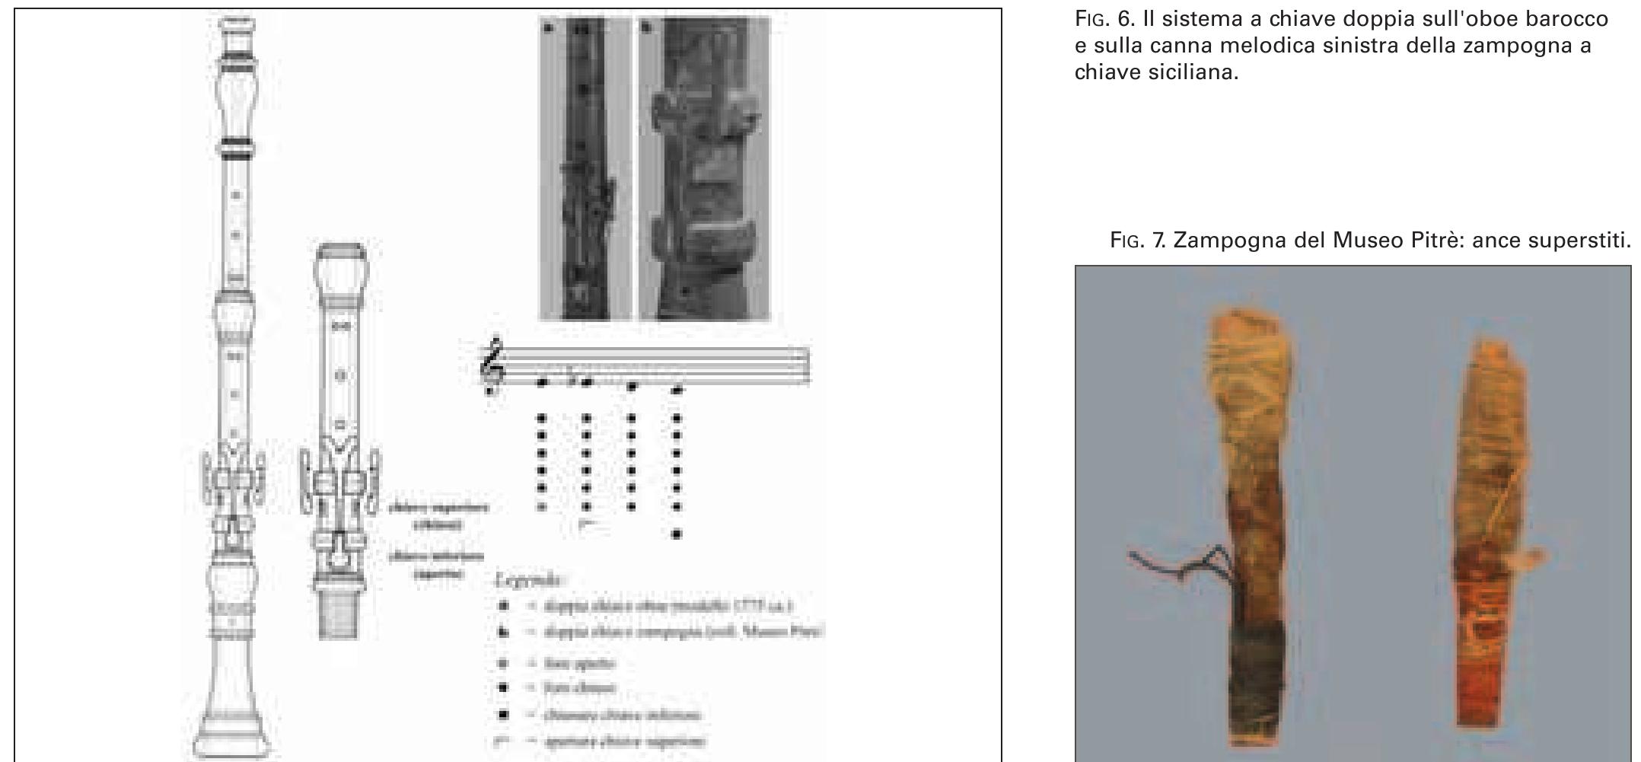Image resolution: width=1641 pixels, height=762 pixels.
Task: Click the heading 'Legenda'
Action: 528,579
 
